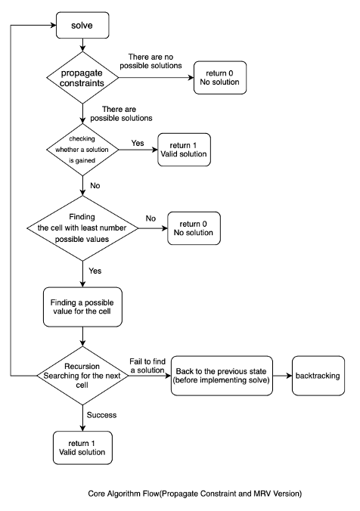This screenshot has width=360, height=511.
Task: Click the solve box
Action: [82, 25]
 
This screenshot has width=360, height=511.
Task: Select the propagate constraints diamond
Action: [82, 78]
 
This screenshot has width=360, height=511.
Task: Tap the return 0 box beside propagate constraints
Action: [220, 78]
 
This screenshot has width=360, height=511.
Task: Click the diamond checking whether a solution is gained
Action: [82, 150]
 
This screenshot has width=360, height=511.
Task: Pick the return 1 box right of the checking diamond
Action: [185, 150]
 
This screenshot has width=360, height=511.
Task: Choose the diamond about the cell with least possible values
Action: [82, 228]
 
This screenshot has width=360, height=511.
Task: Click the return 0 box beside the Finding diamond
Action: [194, 228]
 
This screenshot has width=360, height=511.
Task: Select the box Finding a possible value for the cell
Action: [82, 307]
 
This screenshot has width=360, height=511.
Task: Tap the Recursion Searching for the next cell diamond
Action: [82, 376]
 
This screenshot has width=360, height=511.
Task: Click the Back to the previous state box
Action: [222, 376]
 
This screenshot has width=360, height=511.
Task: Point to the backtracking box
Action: [318, 376]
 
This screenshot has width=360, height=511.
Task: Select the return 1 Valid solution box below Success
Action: [82, 448]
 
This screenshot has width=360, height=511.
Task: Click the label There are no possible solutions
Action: [151, 61]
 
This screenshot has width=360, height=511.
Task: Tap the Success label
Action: [101, 415]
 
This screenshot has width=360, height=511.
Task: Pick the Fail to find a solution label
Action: [147, 366]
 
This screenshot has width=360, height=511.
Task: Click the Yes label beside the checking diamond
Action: [138, 143]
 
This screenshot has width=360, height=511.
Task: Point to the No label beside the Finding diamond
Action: [151, 218]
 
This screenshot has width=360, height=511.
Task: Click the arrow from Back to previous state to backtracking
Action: [282, 376]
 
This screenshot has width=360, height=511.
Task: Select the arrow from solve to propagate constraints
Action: [82, 45]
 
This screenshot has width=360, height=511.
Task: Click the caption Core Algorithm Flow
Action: [195, 494]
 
